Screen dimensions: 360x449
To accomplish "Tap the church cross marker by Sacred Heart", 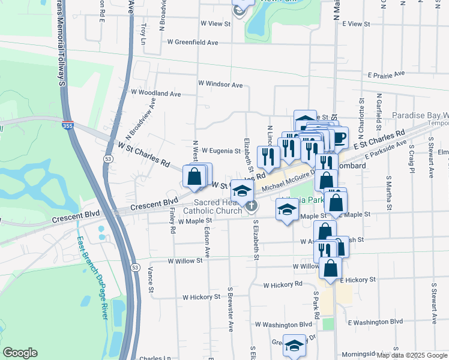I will pyautogui.click(x=251, y=206).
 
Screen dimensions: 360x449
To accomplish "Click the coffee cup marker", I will pyautogui.click(x=339, y=137).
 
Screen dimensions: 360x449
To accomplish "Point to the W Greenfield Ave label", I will pyautogui.click(x=193, y=43).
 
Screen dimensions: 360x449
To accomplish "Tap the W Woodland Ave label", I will pyautogui.click(x=155, y=94).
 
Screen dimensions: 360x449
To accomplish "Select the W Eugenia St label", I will pyautogui.click(x=221, y=151).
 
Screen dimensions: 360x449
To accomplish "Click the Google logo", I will pyautogui.click(x=20, y=353).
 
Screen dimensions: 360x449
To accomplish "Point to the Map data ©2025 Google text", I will pyautogui.click(x=412, y=355).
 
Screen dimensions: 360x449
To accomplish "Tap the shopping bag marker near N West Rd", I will pyautogui.click(x=194, y=176).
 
